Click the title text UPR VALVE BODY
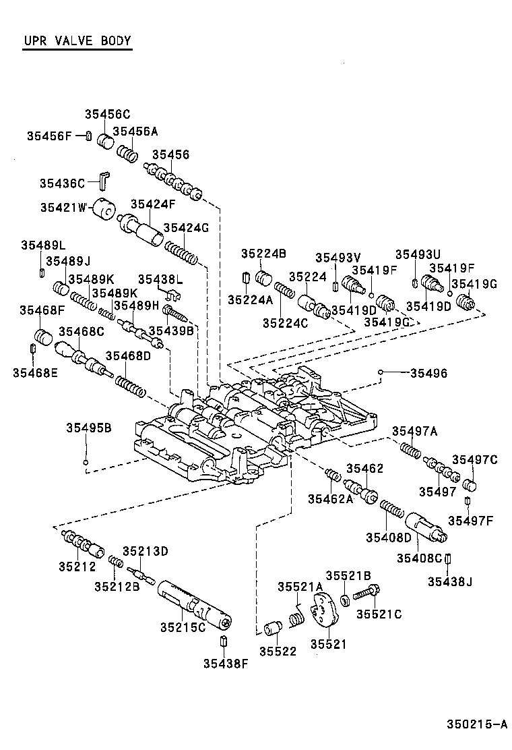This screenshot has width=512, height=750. point(77,40)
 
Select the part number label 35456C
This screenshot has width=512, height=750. point(107,115)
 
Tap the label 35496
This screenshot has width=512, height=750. point(428,372)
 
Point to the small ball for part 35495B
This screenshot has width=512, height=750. point(86,462)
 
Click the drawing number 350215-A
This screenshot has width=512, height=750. point(476,725)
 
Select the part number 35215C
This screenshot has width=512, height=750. point(182,627)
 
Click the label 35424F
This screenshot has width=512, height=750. point(153,204)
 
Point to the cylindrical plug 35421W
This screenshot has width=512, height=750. point(104,210)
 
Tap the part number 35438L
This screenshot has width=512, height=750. point(160,279)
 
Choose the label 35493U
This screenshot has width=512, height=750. point(417,254)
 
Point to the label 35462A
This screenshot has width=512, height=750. point(330,498)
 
